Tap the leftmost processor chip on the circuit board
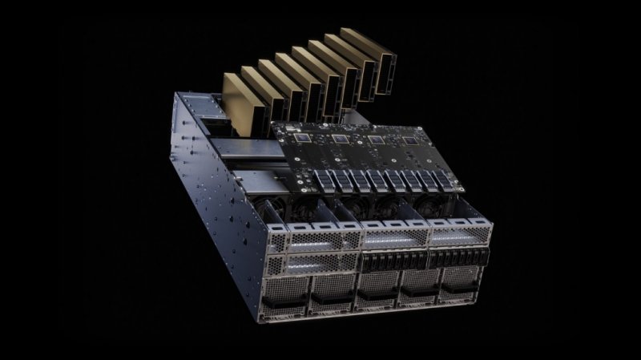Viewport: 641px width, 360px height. [x=303, y=138]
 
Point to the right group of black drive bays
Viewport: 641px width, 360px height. [x=460, y=257]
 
